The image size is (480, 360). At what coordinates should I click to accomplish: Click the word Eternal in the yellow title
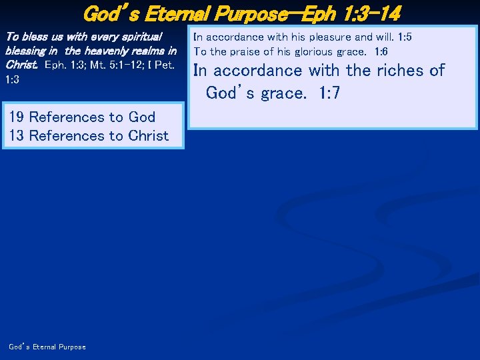click(x=189, y=13)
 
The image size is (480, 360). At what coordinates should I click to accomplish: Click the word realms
click(x=153, y=51)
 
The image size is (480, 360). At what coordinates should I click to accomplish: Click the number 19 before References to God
click(x=17, y=117)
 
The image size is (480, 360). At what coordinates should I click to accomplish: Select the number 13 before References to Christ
click(x=17, y=136)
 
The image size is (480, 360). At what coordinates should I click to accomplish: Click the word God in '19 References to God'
click(x=142, y=117)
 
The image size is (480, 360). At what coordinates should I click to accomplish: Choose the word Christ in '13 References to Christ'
click(x=149, y=136)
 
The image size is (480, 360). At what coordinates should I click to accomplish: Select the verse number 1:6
click(x=381, y=51)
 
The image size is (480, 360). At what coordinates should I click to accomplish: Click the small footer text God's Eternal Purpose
click(x=47, y=347)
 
